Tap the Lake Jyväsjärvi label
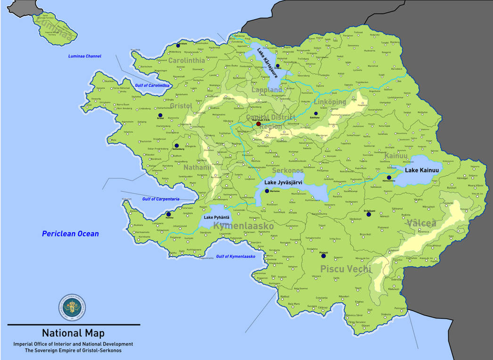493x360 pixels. click(x=283, y=182)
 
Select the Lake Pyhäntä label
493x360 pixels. click(x=217, y=217)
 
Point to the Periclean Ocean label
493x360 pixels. click(x=70, y=234)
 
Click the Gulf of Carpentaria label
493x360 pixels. click(x=161, y=199)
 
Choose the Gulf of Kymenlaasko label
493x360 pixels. click(x=235, y=256)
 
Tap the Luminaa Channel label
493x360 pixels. click(x=84, y=57)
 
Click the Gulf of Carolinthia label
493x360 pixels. click(x=152, y=85)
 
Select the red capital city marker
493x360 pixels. click(x=258, y=124)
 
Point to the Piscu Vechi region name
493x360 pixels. click(x=345, y=269)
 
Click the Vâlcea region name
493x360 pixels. click(x=422, y=223)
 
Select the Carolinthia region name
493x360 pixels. click(x=186, y=61)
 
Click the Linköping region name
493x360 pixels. click(x=329, y=102)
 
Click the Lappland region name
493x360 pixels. click(x=267, y=90)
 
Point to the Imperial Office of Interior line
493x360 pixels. click(x=73, y=344)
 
